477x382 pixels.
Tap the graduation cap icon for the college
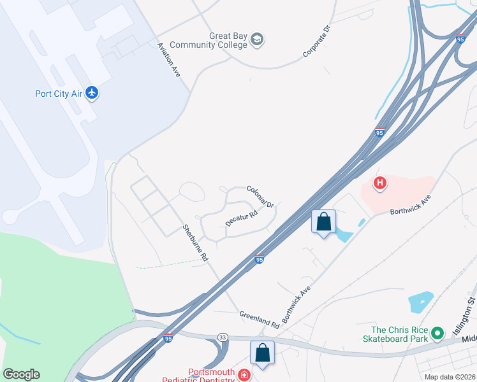pyautogui.click(x=258, y=40)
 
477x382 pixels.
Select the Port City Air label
pyautogui.click(x=58, y=94)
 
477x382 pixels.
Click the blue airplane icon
pyautogui.click(x=92, y=93)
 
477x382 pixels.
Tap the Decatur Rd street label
pyautogui.click(x=241, y=218)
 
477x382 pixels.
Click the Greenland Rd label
pyautogui.click(x=260, y=318)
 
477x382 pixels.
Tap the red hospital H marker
pyautogui.click(x=380, y=184)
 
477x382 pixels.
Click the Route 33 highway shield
pyautogui.click(x=222, y=337)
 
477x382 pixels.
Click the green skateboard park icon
pyautogui.click(x=437, y=332)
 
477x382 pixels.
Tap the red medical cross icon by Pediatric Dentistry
pyautogui.click(x=244, y=376)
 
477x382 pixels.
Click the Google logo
pyautogui.click(x=21, y=374)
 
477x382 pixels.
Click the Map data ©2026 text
pyautogui.click(x=450, y=377)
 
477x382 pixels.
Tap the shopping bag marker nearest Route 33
pyautogui.click(x=262, y=351)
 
